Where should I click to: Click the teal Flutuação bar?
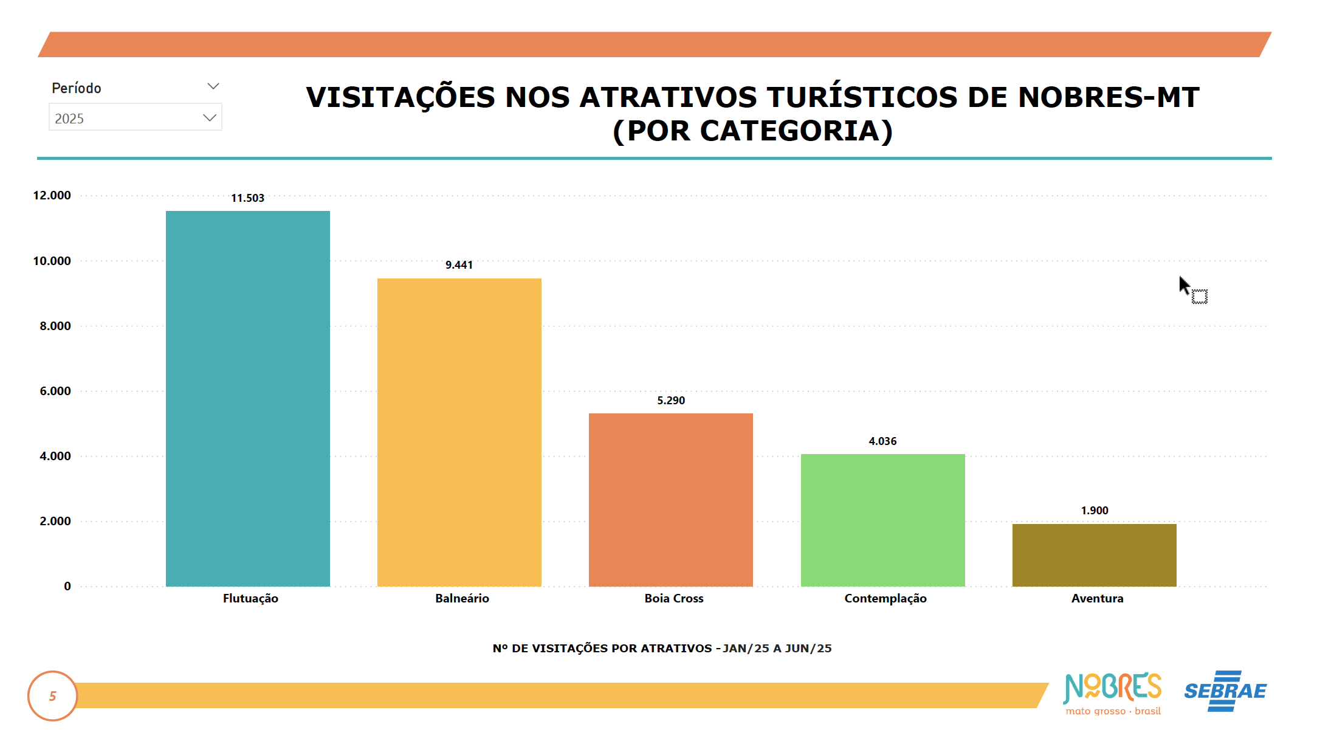click(247, 398)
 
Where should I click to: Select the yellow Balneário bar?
click(459, 432)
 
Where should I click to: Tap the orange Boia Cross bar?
click(670, 499)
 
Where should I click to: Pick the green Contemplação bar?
click(882, 520)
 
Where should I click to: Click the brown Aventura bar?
click(1094, 554)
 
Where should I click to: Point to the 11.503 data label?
click(247, 198)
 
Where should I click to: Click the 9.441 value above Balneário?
click(459, 265)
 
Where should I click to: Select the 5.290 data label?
click(670, 401)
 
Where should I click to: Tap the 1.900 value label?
click(1094, 511)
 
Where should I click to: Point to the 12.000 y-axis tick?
click(52, 195)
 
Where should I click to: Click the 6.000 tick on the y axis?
click(55, 391)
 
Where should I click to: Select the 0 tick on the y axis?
click(67, 586)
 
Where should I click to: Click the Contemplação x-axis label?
click(885, 598)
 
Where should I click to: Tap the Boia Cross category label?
click(673, 598)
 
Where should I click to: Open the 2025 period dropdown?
click(135, 117)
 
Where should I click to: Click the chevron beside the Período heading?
click(213, 86)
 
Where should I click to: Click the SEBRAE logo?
click(1225, 691)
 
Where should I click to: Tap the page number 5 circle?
click(53, 696)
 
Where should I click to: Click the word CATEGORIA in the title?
click(790, 131)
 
